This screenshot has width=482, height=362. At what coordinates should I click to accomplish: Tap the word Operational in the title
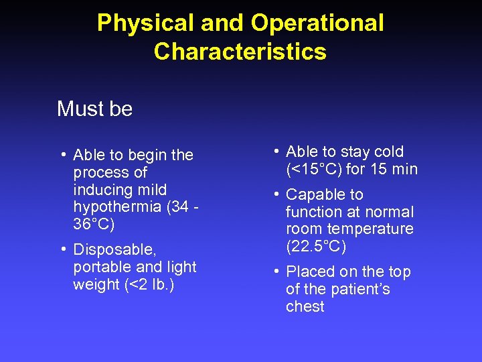tap(317, 23)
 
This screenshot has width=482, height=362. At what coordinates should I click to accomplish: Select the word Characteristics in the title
tap(240, 52)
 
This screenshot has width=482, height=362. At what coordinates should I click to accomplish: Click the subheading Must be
tap(95, 109)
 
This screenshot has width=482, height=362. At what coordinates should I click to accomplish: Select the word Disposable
tap(114, 250)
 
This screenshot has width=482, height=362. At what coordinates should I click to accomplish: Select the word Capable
tap(315, 194)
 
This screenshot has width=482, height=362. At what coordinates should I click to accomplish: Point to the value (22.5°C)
tap(316, 246)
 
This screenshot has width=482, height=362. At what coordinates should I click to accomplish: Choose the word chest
tap(305, 306)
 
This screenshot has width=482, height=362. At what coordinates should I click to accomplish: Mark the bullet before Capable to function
tap(276, 194)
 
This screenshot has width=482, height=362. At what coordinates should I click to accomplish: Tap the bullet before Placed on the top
tap(276, 271)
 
